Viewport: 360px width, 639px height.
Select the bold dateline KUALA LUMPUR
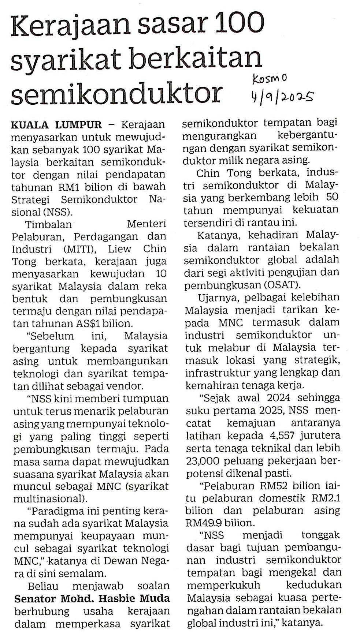[56, 125]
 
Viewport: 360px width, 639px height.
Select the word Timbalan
[48, 224]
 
